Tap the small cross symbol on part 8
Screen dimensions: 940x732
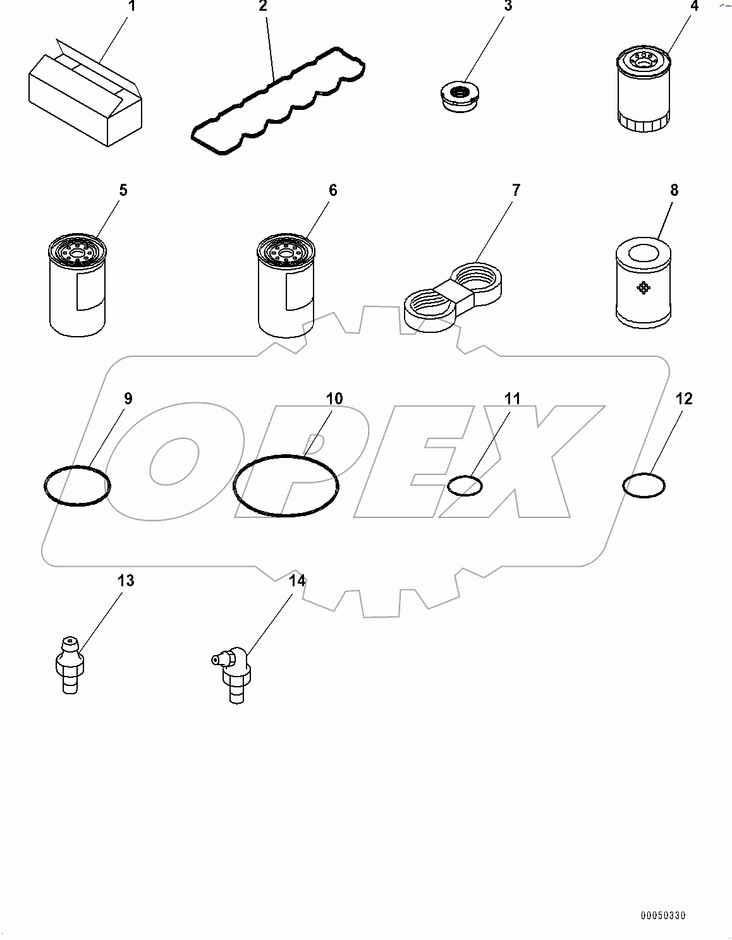coord(644,288)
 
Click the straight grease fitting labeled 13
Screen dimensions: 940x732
coord(70,668)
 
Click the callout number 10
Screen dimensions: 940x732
coord(334,399)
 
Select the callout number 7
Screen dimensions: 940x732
coord(516,190)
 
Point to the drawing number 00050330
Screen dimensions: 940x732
coord(662,915)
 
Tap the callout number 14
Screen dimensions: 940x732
coord(297,581)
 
